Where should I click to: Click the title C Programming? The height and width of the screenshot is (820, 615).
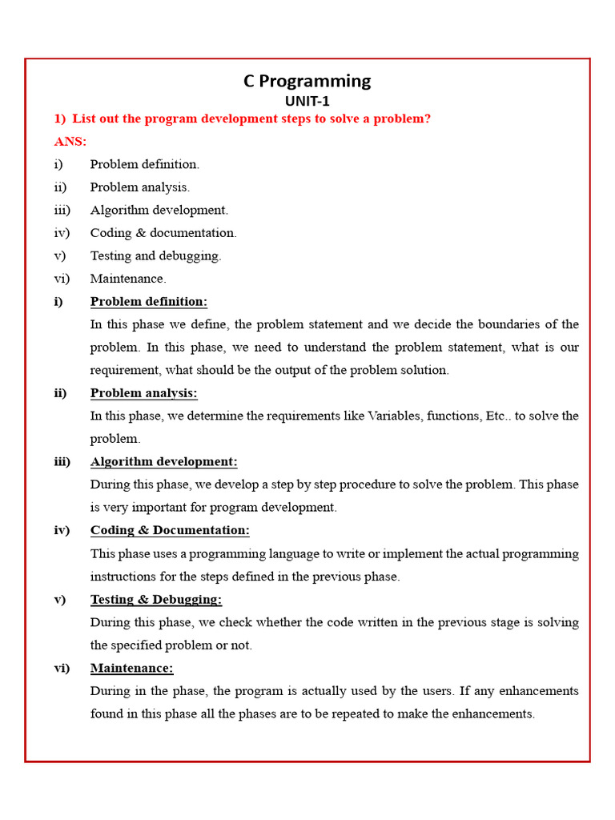coord(307,81)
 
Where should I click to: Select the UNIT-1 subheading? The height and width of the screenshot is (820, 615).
coord(307,102)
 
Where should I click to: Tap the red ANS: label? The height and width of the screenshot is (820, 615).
coord(70,142)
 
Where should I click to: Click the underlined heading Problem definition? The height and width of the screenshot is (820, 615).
coord(148,302)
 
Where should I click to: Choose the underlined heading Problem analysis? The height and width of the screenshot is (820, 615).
coord(143,393)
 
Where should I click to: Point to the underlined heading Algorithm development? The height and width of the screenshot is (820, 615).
coord(163,462)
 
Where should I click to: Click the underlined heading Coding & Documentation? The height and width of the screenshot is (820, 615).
coord(170,530)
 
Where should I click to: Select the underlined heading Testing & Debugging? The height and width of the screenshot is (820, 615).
coord(156,600)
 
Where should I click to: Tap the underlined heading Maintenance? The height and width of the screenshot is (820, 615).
coord(131,668)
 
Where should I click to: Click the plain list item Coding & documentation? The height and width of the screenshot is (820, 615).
coord(163,233)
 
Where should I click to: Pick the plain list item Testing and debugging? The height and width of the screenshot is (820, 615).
coord(155,256)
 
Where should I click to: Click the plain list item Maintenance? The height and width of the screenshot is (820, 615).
coord(128,279)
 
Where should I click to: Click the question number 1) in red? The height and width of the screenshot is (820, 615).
coord(60,119)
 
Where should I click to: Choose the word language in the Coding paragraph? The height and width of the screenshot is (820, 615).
coord(318,554)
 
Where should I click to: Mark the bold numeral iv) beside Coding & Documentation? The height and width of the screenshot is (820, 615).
coord(62,530)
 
